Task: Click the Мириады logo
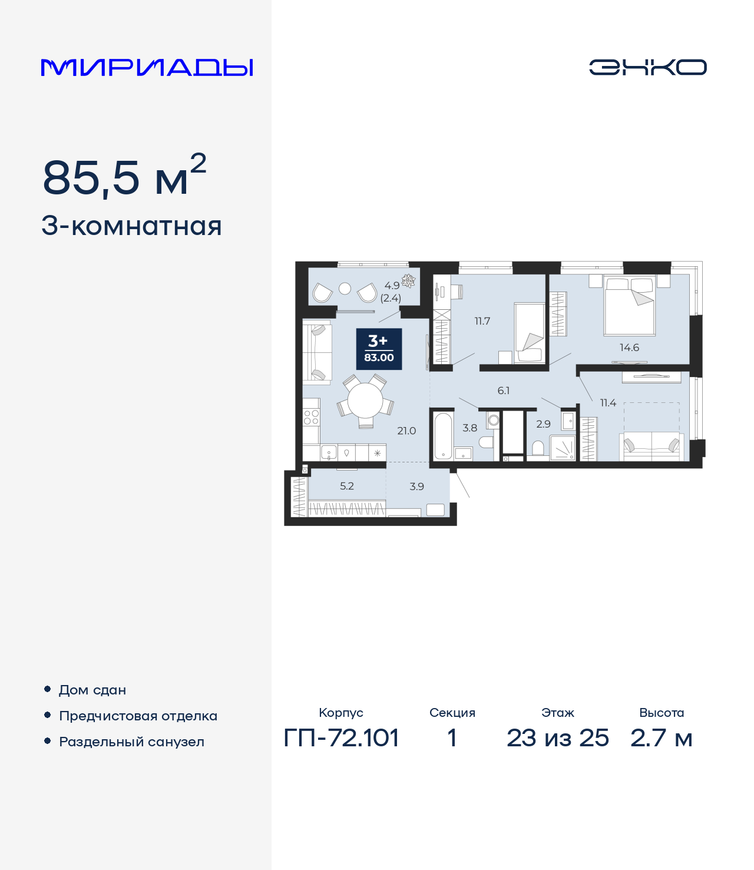[147, 68]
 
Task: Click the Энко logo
[647, 67]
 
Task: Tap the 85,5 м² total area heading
[124, 177]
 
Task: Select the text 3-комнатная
[131, 226]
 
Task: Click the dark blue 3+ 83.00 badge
[379, 349]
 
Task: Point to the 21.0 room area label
[406, 431]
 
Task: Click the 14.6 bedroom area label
[629, 348]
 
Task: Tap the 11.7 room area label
[482, 321]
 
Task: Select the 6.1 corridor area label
[503, 391]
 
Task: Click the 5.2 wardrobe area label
[347, 486]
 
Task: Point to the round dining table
[365, 401]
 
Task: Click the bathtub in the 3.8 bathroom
[443, 436]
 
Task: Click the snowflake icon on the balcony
[408, 280]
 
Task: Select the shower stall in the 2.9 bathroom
[563, 448]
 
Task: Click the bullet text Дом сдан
[92, 690]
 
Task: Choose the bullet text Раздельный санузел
[131, 742]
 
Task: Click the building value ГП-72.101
[341, 738]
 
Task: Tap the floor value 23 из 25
[557, 738]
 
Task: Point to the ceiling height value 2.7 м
[661, 738]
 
